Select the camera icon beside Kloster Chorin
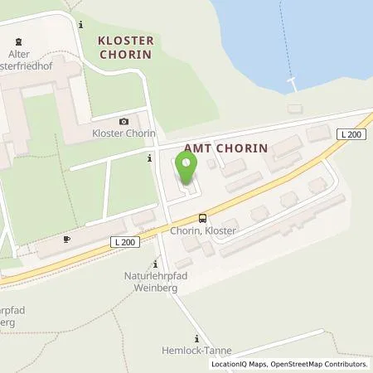[x=124, y=121]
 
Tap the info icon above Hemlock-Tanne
[x=196, y=338]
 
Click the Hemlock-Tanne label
[x=197, y=351]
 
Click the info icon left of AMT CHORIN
[x=149, y=157]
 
